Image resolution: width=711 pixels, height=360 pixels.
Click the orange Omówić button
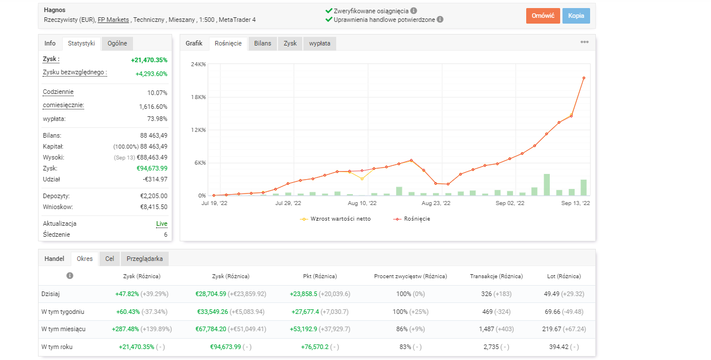pyautogui.click(x=542, y=16)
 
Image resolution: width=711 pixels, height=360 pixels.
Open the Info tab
pyautogui.click(x=50, y=43)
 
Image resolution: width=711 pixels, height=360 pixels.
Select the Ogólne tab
pyautogui.click(x=117, y=43)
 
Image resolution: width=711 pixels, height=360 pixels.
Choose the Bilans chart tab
pyautogui.click(x=263, y=43)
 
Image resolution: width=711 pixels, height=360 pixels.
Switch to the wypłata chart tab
pyautogui.click(x=320, y=43)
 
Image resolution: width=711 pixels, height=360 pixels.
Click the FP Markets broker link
pyautogui.click(x=113, y=20)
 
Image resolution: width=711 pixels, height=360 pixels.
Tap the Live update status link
pyautogui.click(x=162, y=223)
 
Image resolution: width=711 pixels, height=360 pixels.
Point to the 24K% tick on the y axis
pyautogui.click(x=198, y=64)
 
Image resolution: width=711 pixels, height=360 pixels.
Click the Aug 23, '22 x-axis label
pyautogui.click(x=436, y=203)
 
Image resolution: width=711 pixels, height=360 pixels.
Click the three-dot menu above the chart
pyautogui.click(x=584, y=42)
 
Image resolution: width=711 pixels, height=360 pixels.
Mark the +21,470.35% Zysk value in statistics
pyautogui.click(x=149, y=60)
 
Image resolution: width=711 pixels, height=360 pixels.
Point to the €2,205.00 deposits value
pyautogui.click(x=153, y=196)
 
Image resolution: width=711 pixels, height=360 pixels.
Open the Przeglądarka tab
pyautogui.click(x=145, y=259)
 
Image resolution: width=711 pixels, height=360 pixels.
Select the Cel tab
pyautogui.click(x=109, y=259)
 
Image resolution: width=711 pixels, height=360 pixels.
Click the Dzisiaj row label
pyautogui.click(x=51, y=294)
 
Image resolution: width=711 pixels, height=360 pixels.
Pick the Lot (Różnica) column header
pyautogui.click(x=564, y=276)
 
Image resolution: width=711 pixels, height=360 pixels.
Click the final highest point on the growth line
pyautogui.click(x=584, y=78)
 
